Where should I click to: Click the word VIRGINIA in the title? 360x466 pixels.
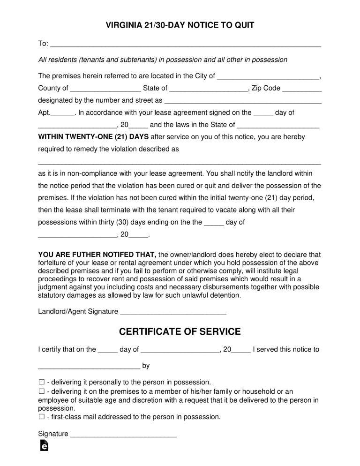pos(124,25)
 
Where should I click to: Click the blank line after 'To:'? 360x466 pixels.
pos(185,45)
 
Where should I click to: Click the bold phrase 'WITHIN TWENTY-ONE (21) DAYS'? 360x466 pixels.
pos(93,137)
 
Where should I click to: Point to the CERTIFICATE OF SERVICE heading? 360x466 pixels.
pos(180,332)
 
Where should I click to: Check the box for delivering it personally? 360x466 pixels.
pos(41,382)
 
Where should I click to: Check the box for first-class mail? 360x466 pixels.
pos(41,417)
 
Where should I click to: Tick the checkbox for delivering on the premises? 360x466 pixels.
pos(41,391)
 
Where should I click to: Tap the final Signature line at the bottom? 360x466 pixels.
pos(123,435)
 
